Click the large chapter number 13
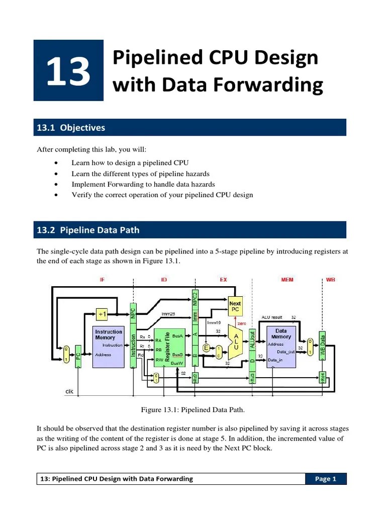tap(68, 71)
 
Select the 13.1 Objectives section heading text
tap(71, 128)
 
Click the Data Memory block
tap(281, 347)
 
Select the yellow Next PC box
tap(235, 306)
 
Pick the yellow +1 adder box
tap(103, 314)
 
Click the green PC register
tap(78, 356)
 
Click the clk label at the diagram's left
tap(70, 391)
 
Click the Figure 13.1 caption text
tap(193, 410)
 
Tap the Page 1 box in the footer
tap(326, 479)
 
